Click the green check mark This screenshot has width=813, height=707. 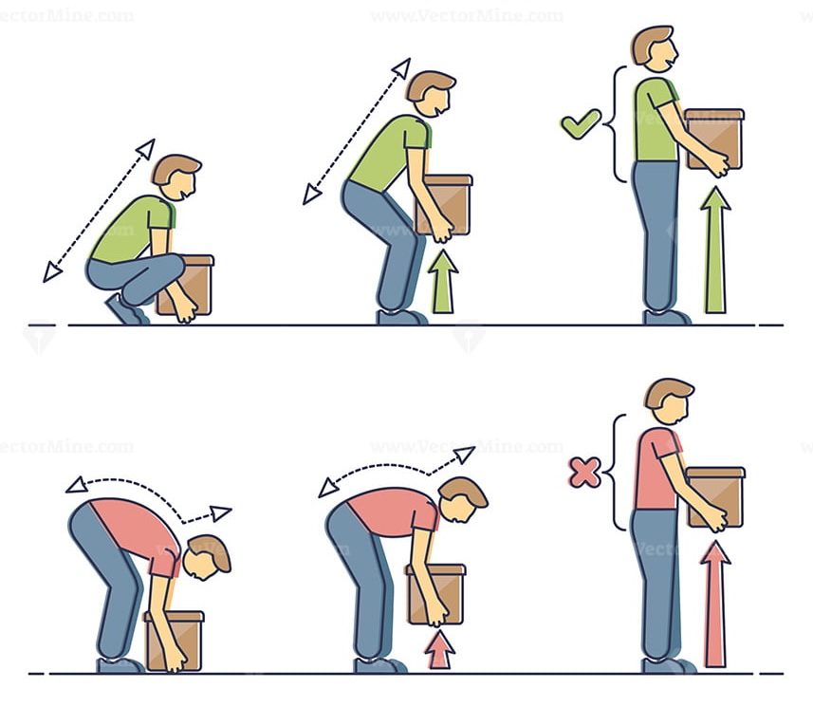581,123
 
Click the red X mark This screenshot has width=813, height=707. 584,472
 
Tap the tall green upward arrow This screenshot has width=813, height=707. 715,251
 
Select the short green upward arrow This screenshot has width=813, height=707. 443,282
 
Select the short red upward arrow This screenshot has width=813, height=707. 439,650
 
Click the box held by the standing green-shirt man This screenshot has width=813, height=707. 714,139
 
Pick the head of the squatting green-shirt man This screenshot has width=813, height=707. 176,177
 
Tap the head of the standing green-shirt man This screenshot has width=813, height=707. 654,47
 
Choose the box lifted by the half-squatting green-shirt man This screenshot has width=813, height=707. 444,203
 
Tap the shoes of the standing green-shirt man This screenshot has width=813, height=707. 667,317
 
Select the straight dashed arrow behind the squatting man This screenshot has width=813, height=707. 99,211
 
